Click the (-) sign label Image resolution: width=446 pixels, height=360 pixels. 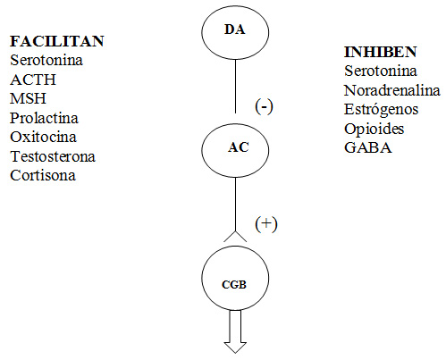[x=264, y=106]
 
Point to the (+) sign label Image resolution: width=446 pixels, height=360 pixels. [x=266, y=224]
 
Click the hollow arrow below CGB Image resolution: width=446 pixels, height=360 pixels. [x=235, y=331]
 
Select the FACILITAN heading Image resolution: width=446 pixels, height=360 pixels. [x=57, y=41]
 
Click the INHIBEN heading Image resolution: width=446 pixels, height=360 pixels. [x=381, y=52]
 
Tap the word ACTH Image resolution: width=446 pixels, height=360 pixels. [x=33, y=80]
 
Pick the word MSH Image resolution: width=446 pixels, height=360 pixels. [x=28, y=98]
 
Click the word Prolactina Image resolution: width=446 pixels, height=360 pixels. [x=44, y=118]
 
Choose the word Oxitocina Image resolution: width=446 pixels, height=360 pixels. [x=43, y=137]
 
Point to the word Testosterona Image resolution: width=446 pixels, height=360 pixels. [x=53, y=156]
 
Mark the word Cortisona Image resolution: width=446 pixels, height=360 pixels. [x=43, y=175]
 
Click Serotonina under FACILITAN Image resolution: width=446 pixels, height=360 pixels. [x=46, y=60]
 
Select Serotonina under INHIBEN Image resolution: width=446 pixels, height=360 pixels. [x=381, y=71]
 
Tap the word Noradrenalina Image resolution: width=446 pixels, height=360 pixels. [x=392, y=90]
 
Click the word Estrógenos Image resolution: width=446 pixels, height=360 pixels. [x=382, y=110]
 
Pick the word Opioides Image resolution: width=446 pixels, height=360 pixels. [x=374, y=129]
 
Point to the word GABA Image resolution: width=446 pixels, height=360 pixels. [x=368, y=147]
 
